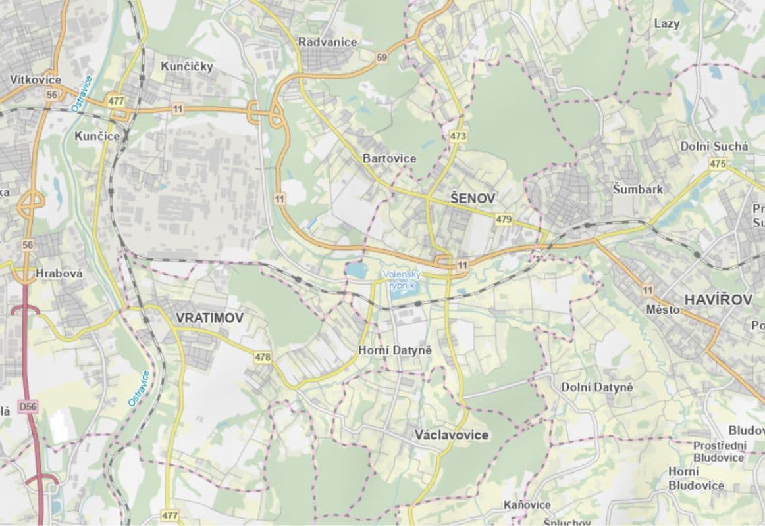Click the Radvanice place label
click(x=327, y=42)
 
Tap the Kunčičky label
click(x=187, y=66)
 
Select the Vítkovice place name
click(x=36, y=80)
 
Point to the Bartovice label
click(x=389, y=158)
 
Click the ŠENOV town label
click(x=473, y=197)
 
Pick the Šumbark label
click(x=637, y=189)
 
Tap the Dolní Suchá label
click(x=714, y=147)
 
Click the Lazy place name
click(x=667, y=24)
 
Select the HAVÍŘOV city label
click(x=718, y=300)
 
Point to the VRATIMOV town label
click(x=209, y=318)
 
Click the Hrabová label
click(x=59, y=274)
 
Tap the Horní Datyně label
click(x=394, y=350)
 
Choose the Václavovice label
click(x=452, y=435)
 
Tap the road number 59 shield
click(x=382, y=58)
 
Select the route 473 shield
click(x=458, y=137)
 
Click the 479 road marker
click(x=504, y=219)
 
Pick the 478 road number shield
click(x=263, y=357)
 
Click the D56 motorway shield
click(x=28, y=407)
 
